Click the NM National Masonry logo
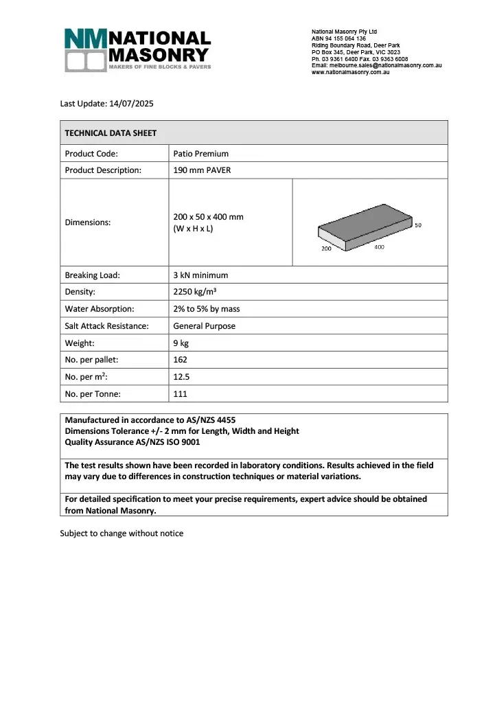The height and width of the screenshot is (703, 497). tap(137, 50)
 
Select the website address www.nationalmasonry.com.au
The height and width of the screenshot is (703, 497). tap(350, 72)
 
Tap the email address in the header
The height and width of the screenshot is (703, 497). tap(376, 65)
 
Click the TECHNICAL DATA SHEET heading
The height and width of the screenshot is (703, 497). tap(111, 133)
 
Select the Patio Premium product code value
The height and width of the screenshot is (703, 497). tap(201, 154)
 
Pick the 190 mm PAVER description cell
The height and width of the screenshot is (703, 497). tap(202, 170)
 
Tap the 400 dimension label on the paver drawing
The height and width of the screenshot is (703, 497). tap(379, 246)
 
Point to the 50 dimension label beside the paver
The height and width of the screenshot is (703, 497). tap(419, 224)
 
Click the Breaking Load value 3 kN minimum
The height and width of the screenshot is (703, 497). tap(200, 275)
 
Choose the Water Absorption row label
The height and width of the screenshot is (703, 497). tap(100, 309)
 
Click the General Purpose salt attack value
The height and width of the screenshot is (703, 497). tap(204, 326)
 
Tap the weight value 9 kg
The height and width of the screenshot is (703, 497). tap(181, 343)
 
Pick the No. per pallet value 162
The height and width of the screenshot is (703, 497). tap(181, 360)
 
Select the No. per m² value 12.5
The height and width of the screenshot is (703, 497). tap(181, 377)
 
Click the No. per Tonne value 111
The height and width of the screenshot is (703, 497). tap(180, 394)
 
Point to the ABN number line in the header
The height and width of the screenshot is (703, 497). tap(338, 38)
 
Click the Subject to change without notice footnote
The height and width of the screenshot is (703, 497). tap(122, 533)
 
